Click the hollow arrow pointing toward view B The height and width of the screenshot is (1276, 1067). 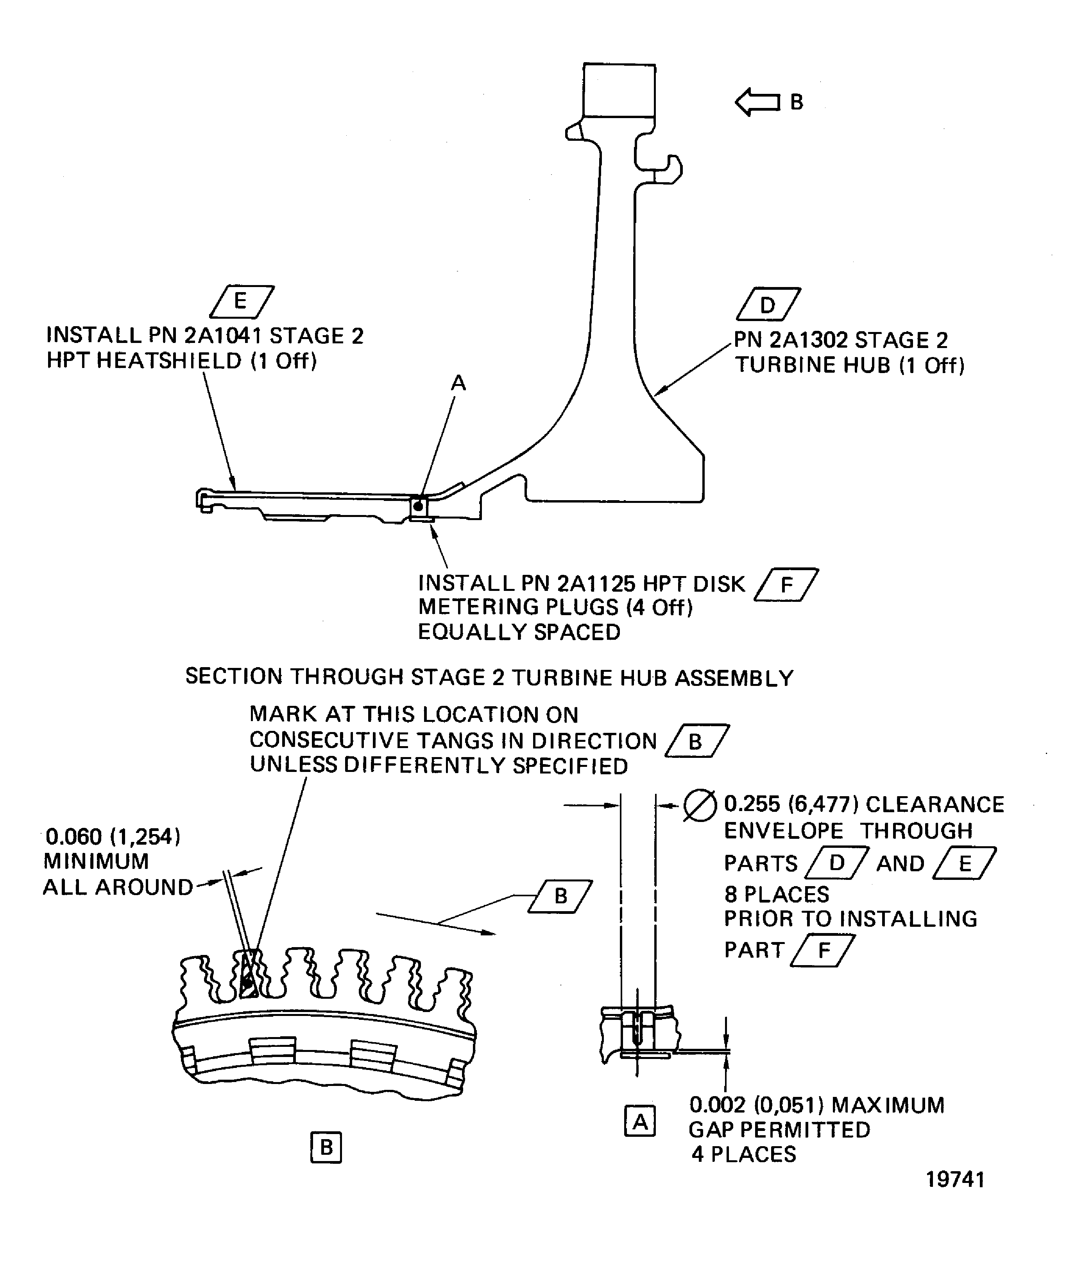pos(757,101)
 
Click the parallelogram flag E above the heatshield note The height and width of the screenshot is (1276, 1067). pos(241,302)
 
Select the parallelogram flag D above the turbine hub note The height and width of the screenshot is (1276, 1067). pos(768,304)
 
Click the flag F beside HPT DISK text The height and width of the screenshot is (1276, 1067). pos(786,585)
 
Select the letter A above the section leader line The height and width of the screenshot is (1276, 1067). pos(458,383)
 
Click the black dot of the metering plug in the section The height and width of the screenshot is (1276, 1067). pos(418,506)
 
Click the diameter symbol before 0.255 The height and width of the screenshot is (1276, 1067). pos(700,806)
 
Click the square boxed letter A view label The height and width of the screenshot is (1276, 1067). pos(640,1122)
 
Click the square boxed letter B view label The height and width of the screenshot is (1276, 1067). pos(326,1147)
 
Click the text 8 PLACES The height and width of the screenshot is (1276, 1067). pos(776,894)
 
